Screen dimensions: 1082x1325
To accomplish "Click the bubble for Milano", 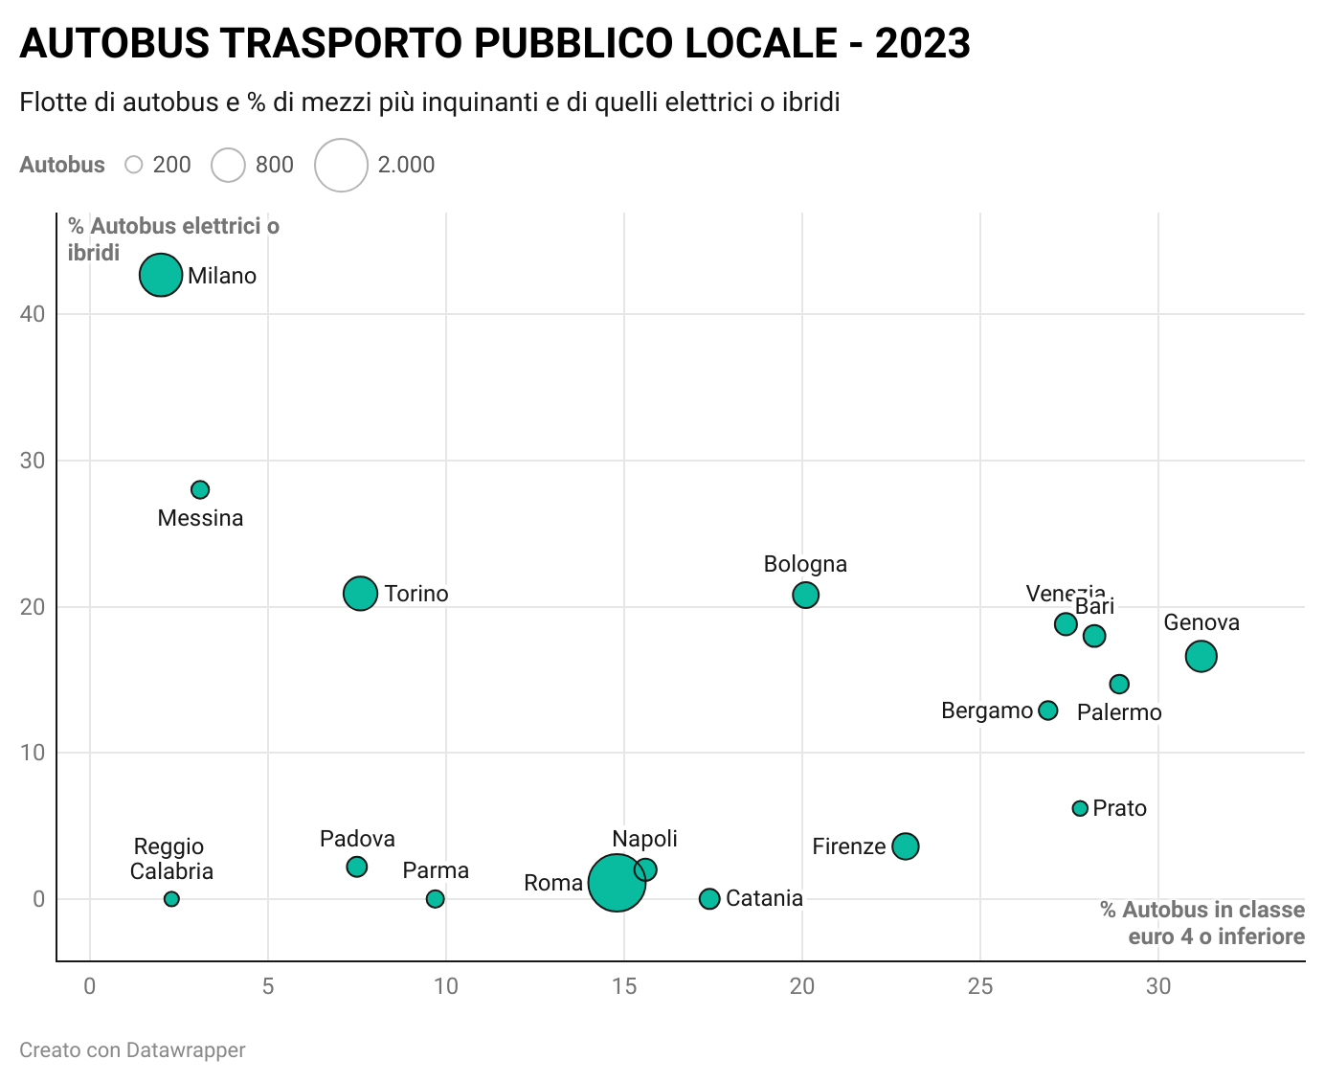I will [161, 275].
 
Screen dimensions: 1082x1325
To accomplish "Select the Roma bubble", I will [617, 883].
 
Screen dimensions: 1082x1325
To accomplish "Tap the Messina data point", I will [200, 489].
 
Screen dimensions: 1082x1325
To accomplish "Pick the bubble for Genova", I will [1201, 656].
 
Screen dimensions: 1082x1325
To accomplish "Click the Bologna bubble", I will [805, 595].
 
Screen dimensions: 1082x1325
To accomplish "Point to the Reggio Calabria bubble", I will [171, 899].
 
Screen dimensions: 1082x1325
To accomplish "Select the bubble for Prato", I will [1080, 808].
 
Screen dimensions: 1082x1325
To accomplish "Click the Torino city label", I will [416, 594].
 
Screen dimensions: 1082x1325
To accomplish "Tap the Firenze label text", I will [848, 846].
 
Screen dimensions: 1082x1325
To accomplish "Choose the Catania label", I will [764, 898].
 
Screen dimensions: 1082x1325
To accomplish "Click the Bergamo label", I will [986, 710].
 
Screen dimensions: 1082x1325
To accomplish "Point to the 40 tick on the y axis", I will [34, 314].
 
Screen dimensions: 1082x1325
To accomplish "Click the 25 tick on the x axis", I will [980, 986].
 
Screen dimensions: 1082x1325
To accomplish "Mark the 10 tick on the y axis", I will [34, 753].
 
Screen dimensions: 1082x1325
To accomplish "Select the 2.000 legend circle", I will [342, 165].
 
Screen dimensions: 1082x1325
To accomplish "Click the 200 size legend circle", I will [134, 165].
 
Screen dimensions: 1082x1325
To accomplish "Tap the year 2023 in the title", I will [923, 44].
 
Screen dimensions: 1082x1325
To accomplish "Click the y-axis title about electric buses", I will [173, 239].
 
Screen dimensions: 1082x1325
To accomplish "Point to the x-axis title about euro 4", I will [1202, 923].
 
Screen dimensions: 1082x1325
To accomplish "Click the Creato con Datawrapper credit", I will [132, 1050].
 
